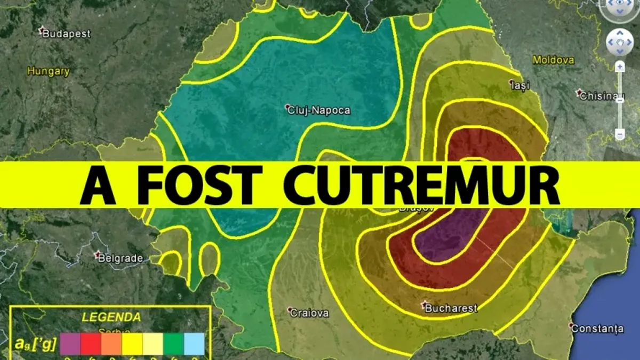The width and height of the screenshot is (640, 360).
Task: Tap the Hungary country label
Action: point(49,71)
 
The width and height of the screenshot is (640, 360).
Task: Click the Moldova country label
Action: point(553,60)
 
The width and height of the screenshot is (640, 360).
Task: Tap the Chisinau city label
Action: point(602,95)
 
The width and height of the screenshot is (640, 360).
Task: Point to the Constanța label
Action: point(597,329)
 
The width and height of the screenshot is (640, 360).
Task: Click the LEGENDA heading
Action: point(111,317)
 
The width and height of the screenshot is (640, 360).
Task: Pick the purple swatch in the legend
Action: point(70,343)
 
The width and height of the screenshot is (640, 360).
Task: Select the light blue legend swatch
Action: point(194,343)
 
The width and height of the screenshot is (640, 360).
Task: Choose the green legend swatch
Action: point(174,343)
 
